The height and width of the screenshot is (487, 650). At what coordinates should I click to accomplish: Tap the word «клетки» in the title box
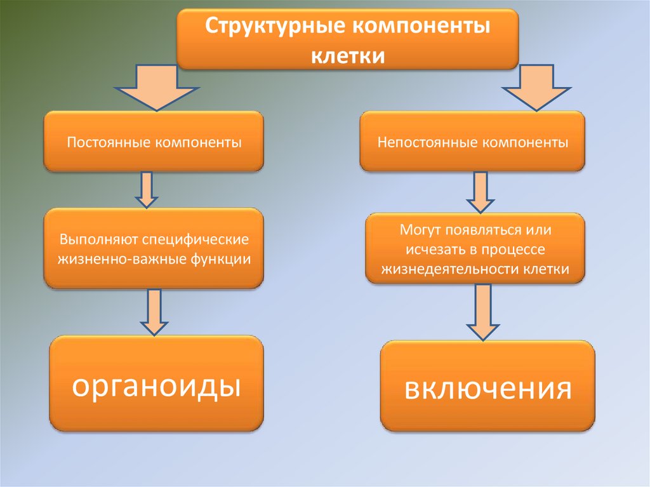(x=348, y=55)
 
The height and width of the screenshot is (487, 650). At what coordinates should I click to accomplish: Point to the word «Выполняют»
(x=98, y=241)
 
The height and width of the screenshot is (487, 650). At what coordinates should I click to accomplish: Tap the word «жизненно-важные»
(x=115, y=259)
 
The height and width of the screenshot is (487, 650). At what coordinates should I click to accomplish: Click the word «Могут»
(x=420, y=229)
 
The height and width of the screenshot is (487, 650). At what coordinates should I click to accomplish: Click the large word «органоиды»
(x=156, y=385)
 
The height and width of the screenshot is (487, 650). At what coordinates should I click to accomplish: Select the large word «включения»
(x=487, y=388)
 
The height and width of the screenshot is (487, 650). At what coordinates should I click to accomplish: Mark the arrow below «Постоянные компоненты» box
(x=147, y=189)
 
